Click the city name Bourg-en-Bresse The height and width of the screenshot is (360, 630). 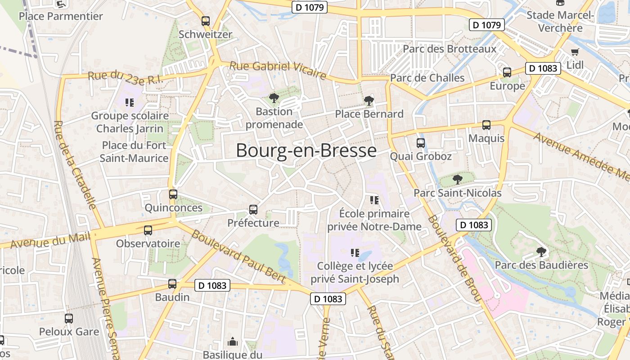pos(306,150)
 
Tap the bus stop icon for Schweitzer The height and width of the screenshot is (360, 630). pos(206,21)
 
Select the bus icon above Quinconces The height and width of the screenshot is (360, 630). pos(173,195)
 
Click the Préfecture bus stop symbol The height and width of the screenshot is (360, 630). pos(253,210)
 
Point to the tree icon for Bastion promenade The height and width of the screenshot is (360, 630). pos(274,98)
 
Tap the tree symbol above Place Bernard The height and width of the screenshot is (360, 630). pos(369,100)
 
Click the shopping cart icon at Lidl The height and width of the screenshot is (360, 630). pos(575,52)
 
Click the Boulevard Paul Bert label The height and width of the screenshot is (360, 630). pos(238,256)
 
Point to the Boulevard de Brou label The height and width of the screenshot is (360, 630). pos(454,259)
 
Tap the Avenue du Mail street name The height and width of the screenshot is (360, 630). pos(47,241)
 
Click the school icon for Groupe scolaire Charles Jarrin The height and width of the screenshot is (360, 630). pos(130,103)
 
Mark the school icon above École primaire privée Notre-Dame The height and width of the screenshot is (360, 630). pos(374,200)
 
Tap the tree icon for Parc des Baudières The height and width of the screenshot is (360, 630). pos(541,252)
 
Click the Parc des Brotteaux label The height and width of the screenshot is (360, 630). pos(450,49)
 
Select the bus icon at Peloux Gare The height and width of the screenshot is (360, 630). pos(69,319)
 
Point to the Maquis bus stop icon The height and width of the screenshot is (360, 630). pos(486,125)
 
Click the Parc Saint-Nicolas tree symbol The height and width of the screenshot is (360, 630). pos(457,180)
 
